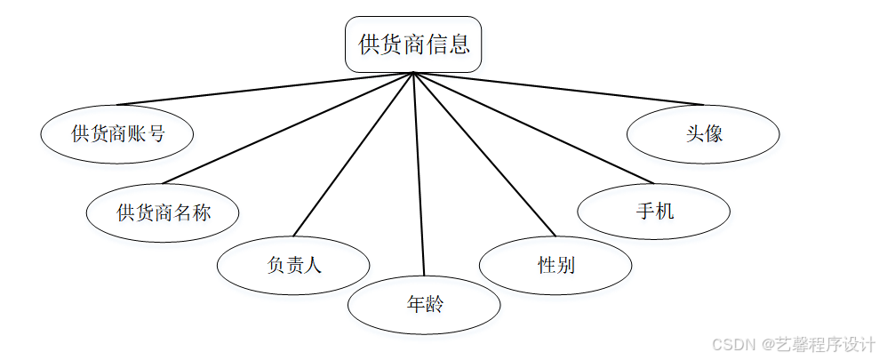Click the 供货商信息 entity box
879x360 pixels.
413,44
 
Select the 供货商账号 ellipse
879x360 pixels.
117,134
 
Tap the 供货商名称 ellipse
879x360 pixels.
164,212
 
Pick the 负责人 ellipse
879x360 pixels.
294,264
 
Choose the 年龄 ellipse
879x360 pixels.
424,305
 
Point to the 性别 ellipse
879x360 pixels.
555,264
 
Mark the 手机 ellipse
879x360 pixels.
654,212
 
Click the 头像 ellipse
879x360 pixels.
703,134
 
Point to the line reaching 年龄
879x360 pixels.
419,173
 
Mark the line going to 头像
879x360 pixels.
558,89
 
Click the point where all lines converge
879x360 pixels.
413,73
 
